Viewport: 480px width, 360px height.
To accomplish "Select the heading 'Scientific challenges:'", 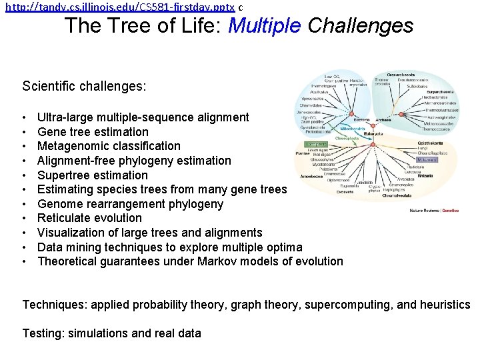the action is [x=84, y=87].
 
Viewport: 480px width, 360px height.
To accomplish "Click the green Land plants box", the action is [x=316, y=143].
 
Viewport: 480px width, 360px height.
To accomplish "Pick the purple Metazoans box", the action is [x=427, y=160].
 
